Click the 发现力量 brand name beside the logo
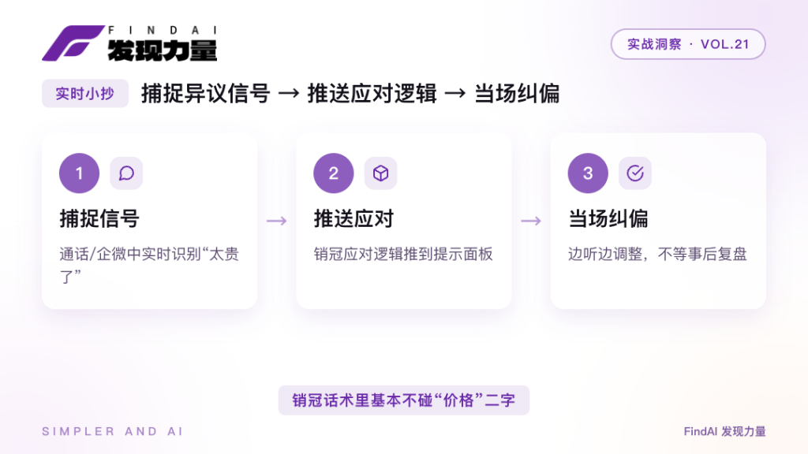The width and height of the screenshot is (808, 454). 163,50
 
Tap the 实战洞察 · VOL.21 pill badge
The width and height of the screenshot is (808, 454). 688,44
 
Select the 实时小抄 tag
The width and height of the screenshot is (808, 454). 85,94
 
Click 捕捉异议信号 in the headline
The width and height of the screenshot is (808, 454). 206,94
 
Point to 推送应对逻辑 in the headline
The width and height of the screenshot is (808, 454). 372,94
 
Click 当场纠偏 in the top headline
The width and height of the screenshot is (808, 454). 517,94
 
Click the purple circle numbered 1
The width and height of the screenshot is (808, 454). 80,173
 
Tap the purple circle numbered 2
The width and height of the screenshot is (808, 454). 334,173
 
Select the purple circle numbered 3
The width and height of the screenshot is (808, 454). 588,173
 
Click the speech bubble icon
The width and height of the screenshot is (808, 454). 126,173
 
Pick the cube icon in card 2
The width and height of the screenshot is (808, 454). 381,173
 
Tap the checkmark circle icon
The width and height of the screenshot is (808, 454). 635,173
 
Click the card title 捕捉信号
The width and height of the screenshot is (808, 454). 99,219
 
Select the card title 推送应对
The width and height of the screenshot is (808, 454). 353,219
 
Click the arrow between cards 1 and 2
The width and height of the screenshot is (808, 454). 277,221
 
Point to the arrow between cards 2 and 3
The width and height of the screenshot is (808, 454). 531,221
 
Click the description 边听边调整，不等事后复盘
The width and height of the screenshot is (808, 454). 657,254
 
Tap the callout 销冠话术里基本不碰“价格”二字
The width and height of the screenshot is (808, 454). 404,400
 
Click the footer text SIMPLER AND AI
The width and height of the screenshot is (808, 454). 112,431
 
